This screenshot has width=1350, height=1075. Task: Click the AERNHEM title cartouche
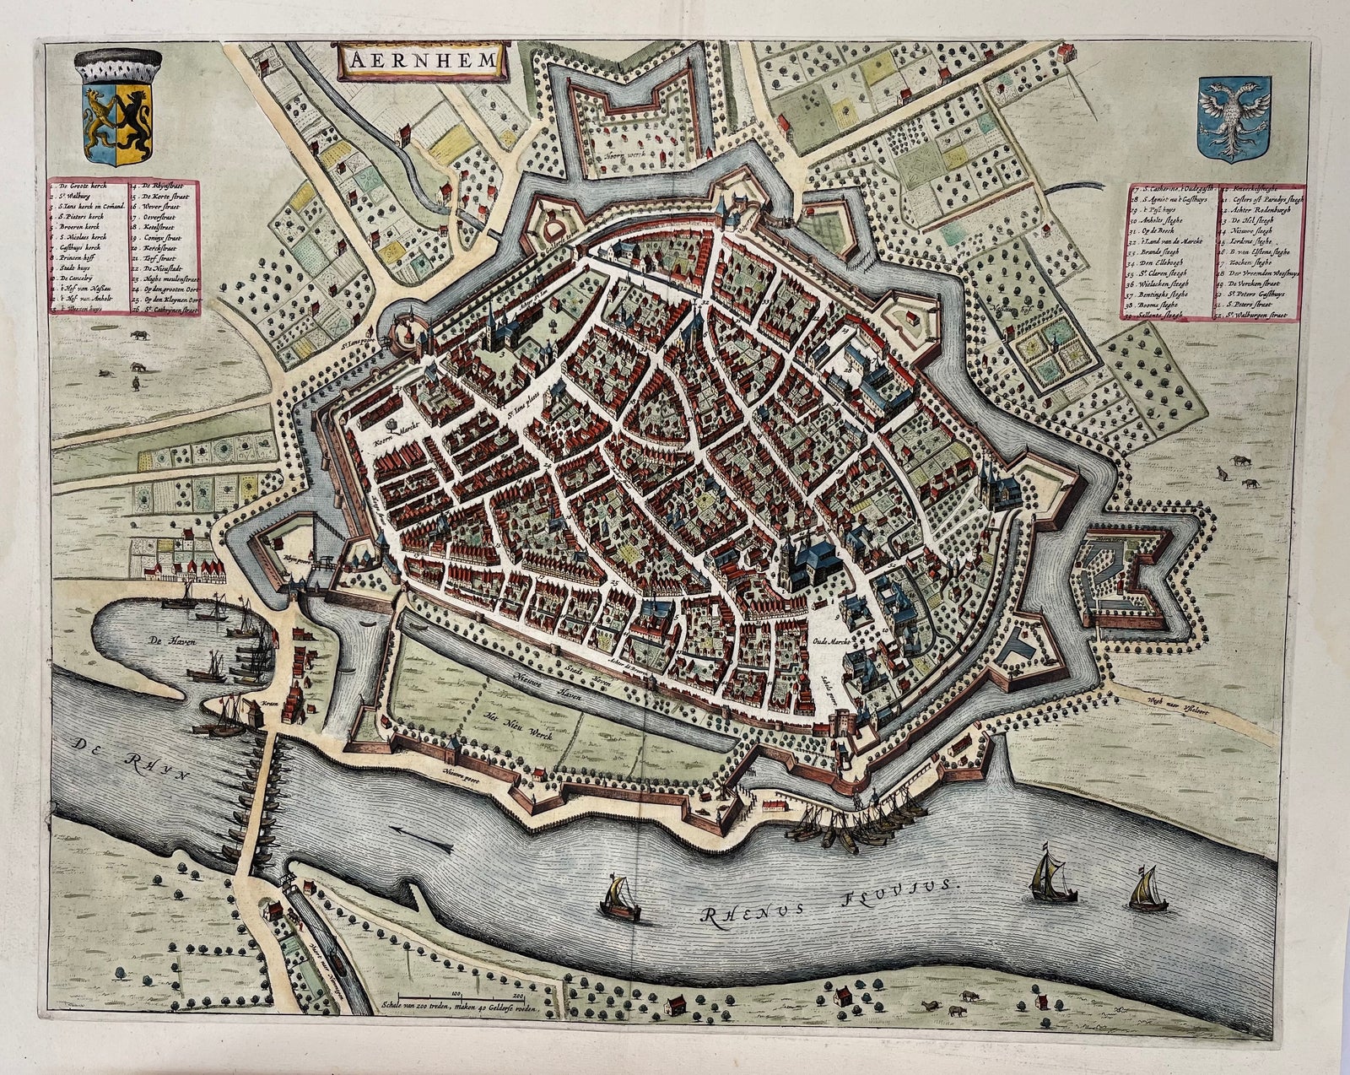click(419, 61)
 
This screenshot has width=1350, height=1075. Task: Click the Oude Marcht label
click(830, 643)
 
